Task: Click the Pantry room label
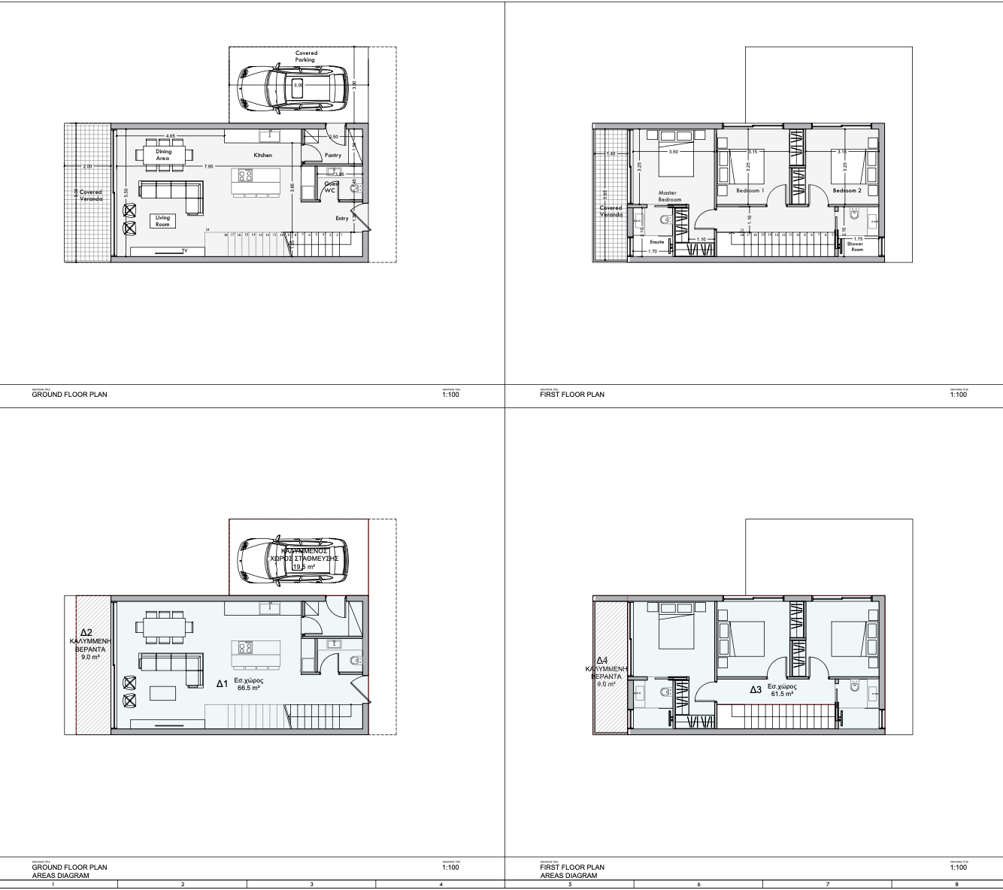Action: (333, 156)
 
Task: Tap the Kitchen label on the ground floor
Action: (262, 156)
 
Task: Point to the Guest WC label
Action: (330, 187)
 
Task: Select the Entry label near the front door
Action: (342, 219)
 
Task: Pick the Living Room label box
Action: (163, 221)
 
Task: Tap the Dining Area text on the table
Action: (163, 155)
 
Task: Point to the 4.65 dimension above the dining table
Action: (171, 136)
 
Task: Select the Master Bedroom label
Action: (668, 196)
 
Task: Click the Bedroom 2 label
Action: (847, 191)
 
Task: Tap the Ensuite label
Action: (657, 242)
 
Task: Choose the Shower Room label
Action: (856, 247)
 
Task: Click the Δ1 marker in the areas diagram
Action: (222, 684)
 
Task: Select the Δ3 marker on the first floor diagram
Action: (756, 689)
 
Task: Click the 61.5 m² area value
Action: (782, 694)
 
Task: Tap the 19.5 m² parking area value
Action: (304, 567)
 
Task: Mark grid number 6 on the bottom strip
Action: (699, 885)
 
